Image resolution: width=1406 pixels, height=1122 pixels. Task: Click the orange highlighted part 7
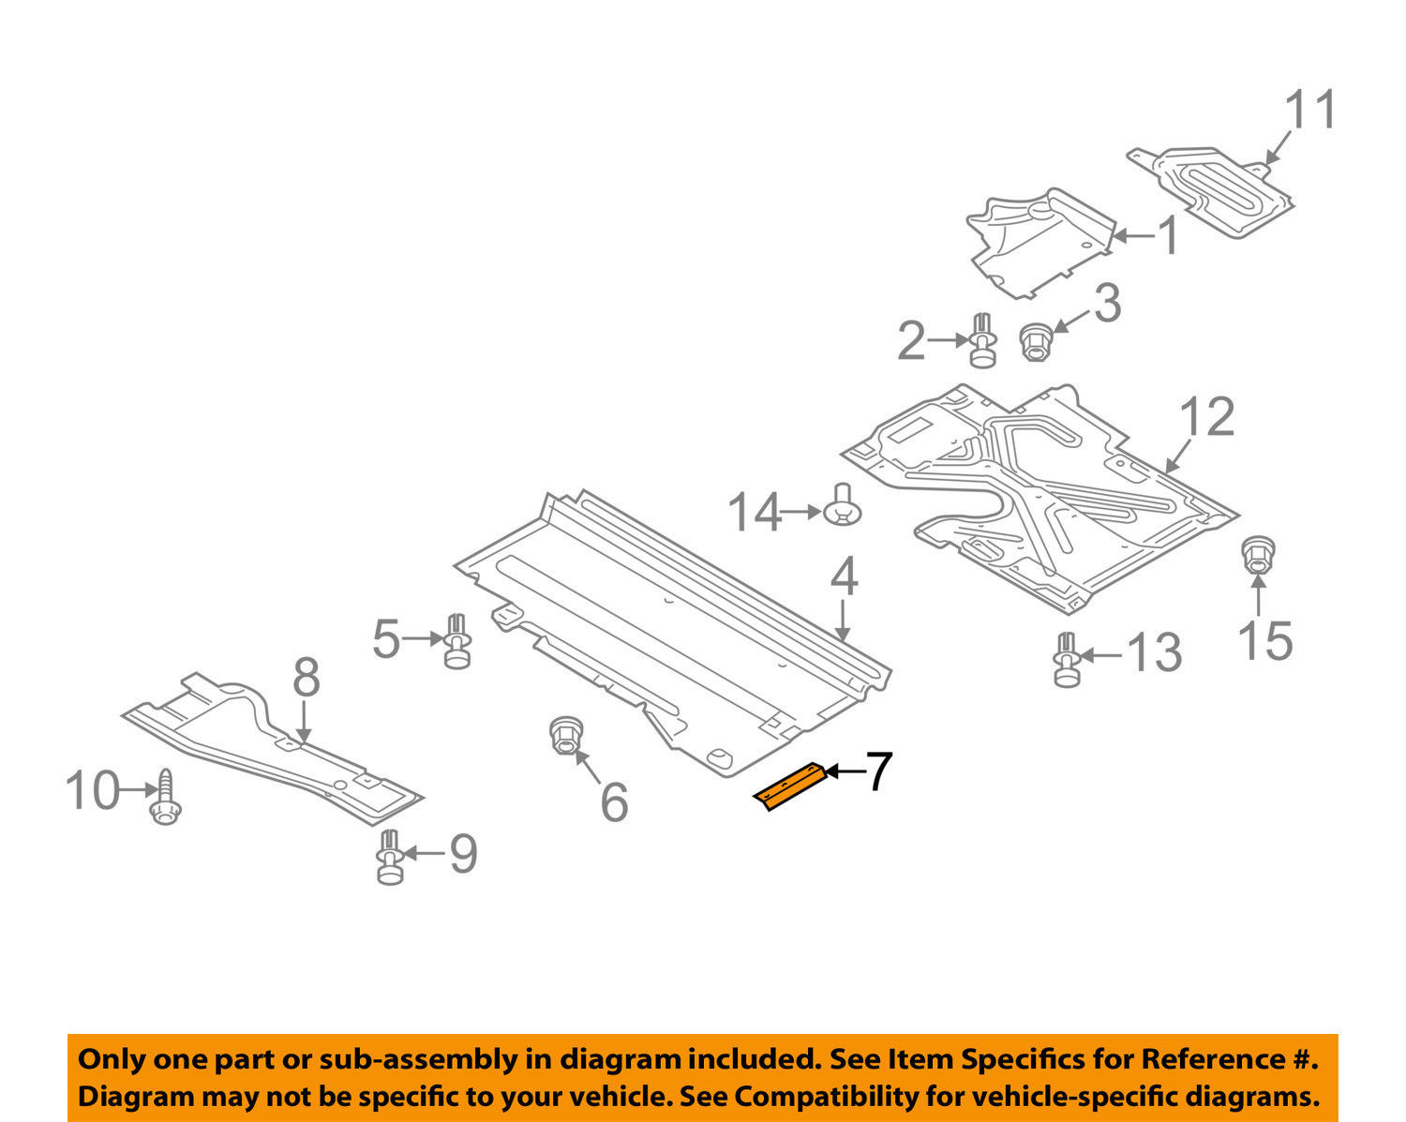coord(789,785)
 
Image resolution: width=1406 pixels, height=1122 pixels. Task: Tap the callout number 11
coord(1310,111)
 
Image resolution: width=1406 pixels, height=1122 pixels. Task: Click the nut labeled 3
coord(1036,341)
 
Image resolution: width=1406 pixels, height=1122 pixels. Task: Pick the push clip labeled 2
coord(982,341)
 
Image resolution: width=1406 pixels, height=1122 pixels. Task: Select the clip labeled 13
coord(1066,660)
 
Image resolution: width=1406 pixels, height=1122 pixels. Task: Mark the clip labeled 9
coord(391,857)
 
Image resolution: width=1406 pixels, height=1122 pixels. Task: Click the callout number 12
coord(1207,417)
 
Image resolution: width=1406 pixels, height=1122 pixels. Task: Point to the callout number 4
coord(844,577)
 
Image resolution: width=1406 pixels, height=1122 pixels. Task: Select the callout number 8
coord(307,678)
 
